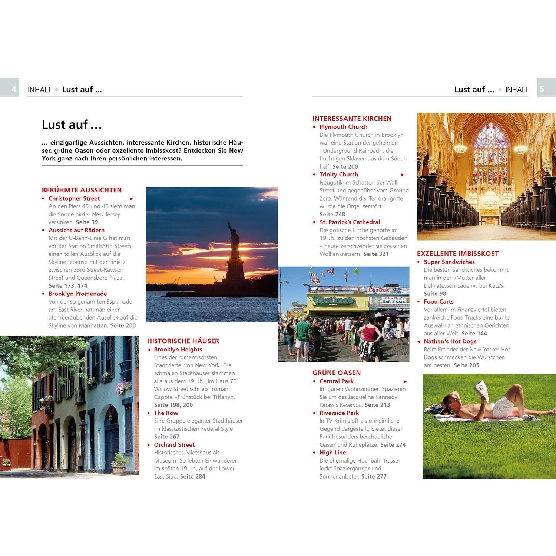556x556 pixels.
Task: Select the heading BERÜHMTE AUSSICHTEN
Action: pyautogui.click(x=82, y=190)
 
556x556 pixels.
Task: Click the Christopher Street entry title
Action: pyautogui.click(x=74, y=199)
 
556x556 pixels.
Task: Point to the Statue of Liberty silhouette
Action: pyautogui.click(x=234, y=252)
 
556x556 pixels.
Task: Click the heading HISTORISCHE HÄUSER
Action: pyautogui.click(x=183, y=341)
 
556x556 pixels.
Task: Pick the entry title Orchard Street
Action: pyautogui.click(x=174, y=445)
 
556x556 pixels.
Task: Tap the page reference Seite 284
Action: pyautogui.click(x=193, y=477)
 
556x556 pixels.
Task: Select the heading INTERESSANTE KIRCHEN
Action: pyautogui.click(x=352, y=119)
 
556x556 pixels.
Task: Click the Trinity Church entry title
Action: pyautogui.click(x=339, y=175)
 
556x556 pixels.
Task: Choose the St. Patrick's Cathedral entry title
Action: pyautogui.click(x=350, y=222)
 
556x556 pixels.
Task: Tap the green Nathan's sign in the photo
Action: pyautogui.click(x=334, y=299)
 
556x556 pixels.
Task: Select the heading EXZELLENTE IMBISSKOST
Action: pyautogui.click(x=458, y=254)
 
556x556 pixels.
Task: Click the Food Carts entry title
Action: pyautogui.click(x=438, y=302)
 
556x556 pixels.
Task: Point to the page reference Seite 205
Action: pyautogui.click(x=466, y=365)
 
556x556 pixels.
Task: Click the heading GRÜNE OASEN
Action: pyautogui.click(x=337, y=373)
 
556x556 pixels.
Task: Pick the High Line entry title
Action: pyautogui.click(x=332, y=453)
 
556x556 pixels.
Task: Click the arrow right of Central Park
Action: pyautogui.click(x=405, y=381)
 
